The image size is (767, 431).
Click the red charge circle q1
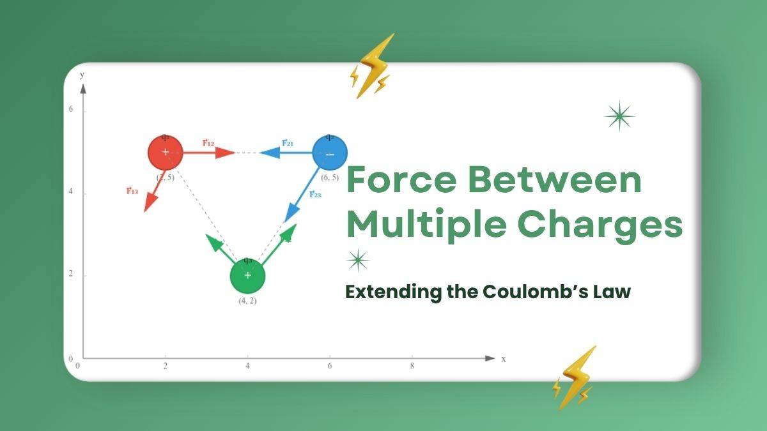(x=166, y=153)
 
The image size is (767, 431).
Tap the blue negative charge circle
(x=330, y=153)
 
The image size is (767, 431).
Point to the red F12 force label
(x=208, y=142)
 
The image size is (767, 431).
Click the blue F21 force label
(x=288, y=142)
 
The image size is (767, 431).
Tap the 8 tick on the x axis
(x=412, y=366)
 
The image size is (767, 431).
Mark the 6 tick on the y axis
(x=71, y=110)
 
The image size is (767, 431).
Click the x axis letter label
(x=504, y=359)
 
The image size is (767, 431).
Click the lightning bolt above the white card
(x=373, y=65)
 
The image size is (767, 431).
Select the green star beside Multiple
(x=358, y=260)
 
